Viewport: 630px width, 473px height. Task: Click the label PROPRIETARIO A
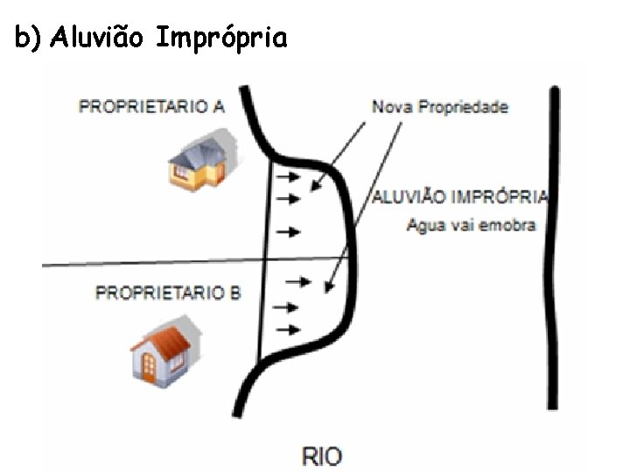click(152, 107)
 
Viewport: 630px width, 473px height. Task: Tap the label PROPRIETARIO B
click(167, 293)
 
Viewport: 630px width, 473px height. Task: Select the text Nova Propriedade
click(440, 107)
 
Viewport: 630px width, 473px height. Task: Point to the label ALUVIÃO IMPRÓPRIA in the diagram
click(460, 197)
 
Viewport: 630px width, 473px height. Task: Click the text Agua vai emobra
click(471, 225)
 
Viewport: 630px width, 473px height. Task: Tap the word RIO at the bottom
click(322, 455)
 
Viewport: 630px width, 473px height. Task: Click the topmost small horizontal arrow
click(287, 177)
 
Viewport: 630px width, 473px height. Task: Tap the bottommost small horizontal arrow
click(287, 329)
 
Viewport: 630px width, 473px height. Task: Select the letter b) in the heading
click(28, 39)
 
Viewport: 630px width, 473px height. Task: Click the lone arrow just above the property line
click(287, 231)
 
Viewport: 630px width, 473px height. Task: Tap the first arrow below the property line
click(298, 281)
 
